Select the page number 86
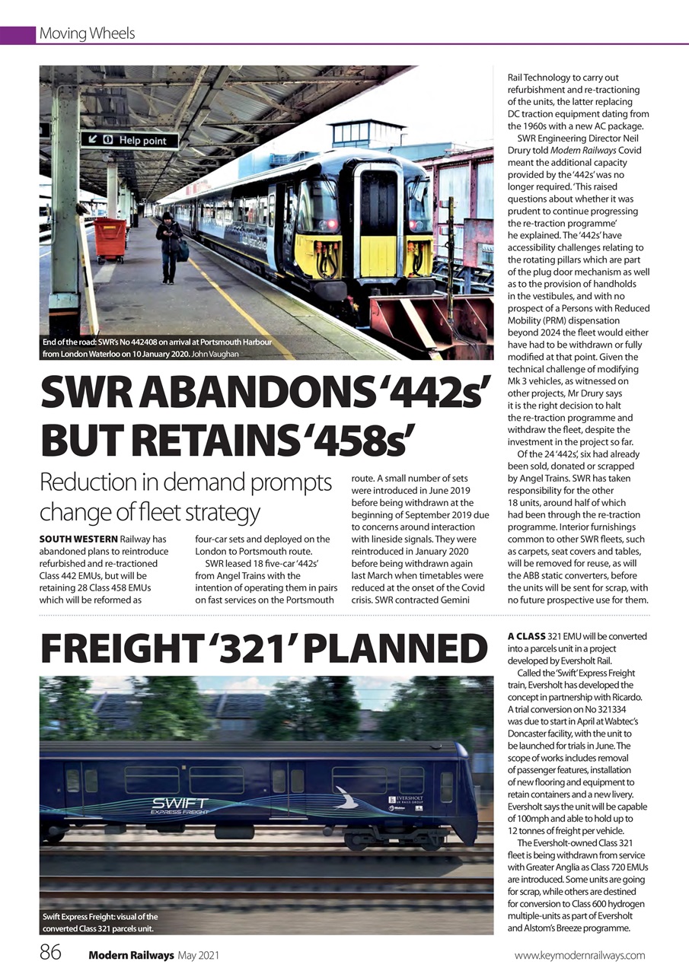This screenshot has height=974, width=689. point(51,954)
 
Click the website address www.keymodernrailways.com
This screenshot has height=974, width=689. point(579,955)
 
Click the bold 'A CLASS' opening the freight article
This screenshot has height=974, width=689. point(526,636)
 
